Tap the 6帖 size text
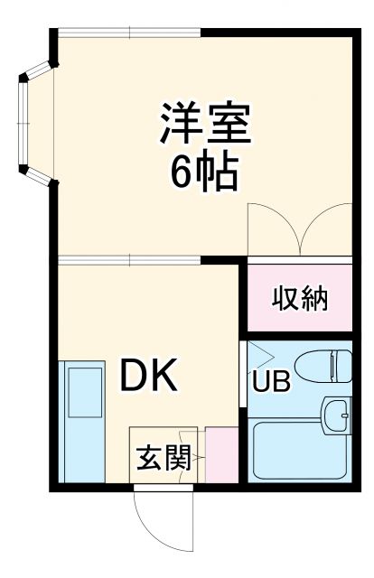(x=204, y=171)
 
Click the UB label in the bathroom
(x=271, y=382)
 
